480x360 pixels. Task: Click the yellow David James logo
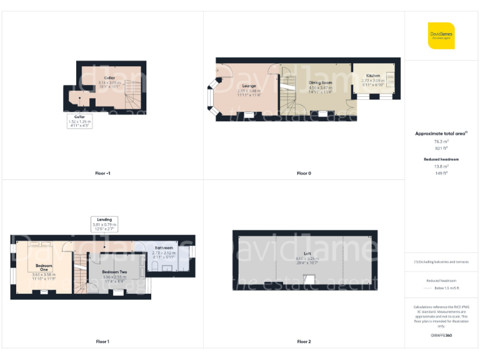pos(441,36)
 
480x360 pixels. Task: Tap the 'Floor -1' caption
pos(102,173)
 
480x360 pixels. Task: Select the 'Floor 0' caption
pos(304,173)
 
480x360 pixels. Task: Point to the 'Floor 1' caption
pos(102,341)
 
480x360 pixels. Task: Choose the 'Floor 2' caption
pos(304,341)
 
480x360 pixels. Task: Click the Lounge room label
pos(249,86)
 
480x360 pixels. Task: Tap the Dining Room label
pos(320,82)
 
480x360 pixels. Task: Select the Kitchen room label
pos(373,76)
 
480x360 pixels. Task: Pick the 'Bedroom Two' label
pos(114,272)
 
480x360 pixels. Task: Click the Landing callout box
pos(104,224)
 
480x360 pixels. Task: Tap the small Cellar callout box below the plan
pos(79,121)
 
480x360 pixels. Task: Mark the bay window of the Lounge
pos(211,98)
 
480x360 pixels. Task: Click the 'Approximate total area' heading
pos(441,134)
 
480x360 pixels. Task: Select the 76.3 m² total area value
pos(441,141)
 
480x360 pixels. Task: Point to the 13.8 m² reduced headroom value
pos(441,166)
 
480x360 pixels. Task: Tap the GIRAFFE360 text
pos(441,336)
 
